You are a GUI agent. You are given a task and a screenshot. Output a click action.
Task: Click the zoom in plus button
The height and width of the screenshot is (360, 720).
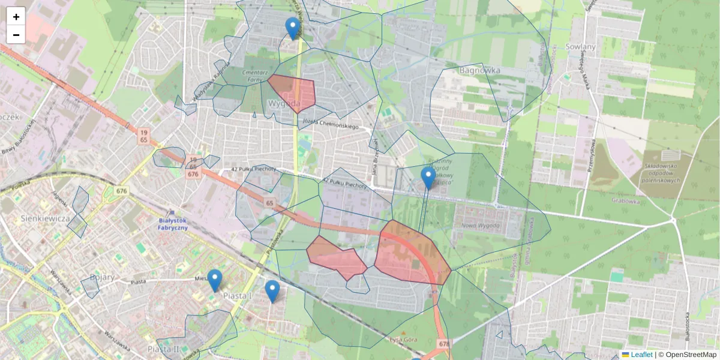click(x=16, y=17)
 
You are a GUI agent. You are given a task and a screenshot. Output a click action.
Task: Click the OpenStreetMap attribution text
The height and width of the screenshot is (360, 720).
click(x=689, y=355)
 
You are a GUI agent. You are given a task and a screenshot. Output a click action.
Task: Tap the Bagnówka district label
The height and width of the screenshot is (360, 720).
click(x=479, y=70)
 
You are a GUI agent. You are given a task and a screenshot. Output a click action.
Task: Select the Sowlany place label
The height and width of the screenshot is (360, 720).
click(x=580, y=47)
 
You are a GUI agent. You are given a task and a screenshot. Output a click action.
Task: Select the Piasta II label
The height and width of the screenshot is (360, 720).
click(x=164, y=349)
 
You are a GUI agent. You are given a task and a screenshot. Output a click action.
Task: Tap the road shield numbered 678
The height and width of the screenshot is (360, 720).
click(x=444, y=344)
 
